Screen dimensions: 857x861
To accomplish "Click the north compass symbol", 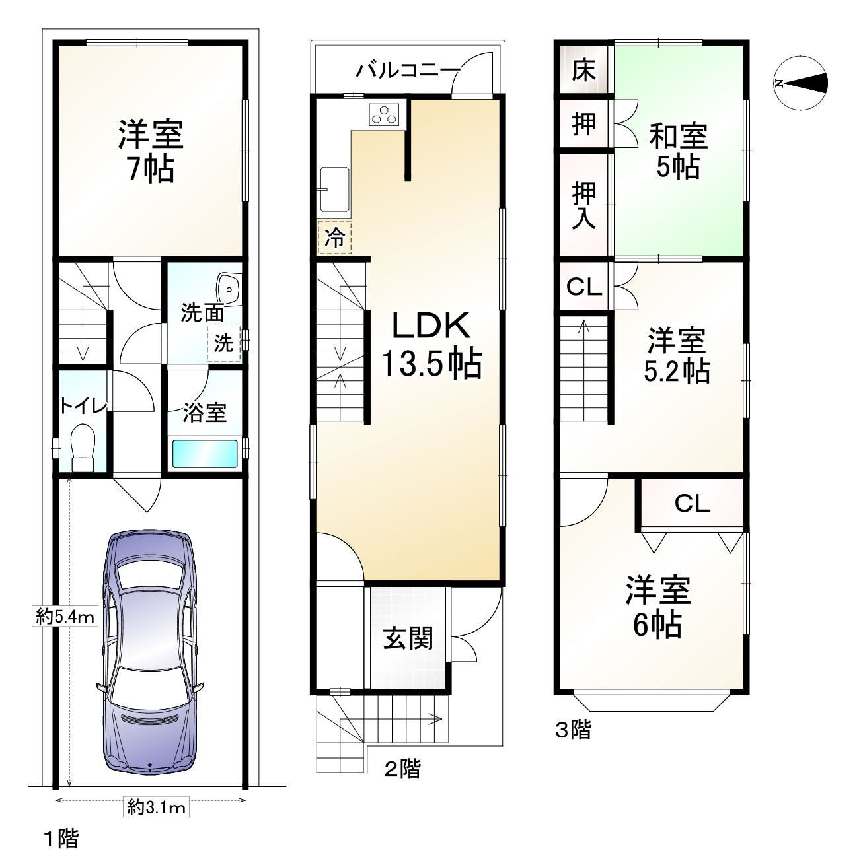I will click(x=800, y=83).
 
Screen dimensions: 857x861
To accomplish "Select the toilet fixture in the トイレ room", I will click(x=83, y=447).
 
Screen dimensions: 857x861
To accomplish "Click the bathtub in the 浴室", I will click(x=204, y=454).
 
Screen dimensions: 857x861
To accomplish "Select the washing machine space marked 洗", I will click(x=224, y=344).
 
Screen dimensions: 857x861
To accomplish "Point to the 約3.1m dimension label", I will click(x=157, y=807).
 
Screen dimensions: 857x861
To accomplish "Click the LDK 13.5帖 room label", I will click(x=431, y=345).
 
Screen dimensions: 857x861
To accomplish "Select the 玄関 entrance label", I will click(x=408, y=638).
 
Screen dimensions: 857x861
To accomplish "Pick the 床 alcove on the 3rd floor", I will click(x=583, y=69).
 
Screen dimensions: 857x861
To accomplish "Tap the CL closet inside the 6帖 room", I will click(x=692, y=504).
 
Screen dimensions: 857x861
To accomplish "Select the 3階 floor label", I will click(x=572, y=730).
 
